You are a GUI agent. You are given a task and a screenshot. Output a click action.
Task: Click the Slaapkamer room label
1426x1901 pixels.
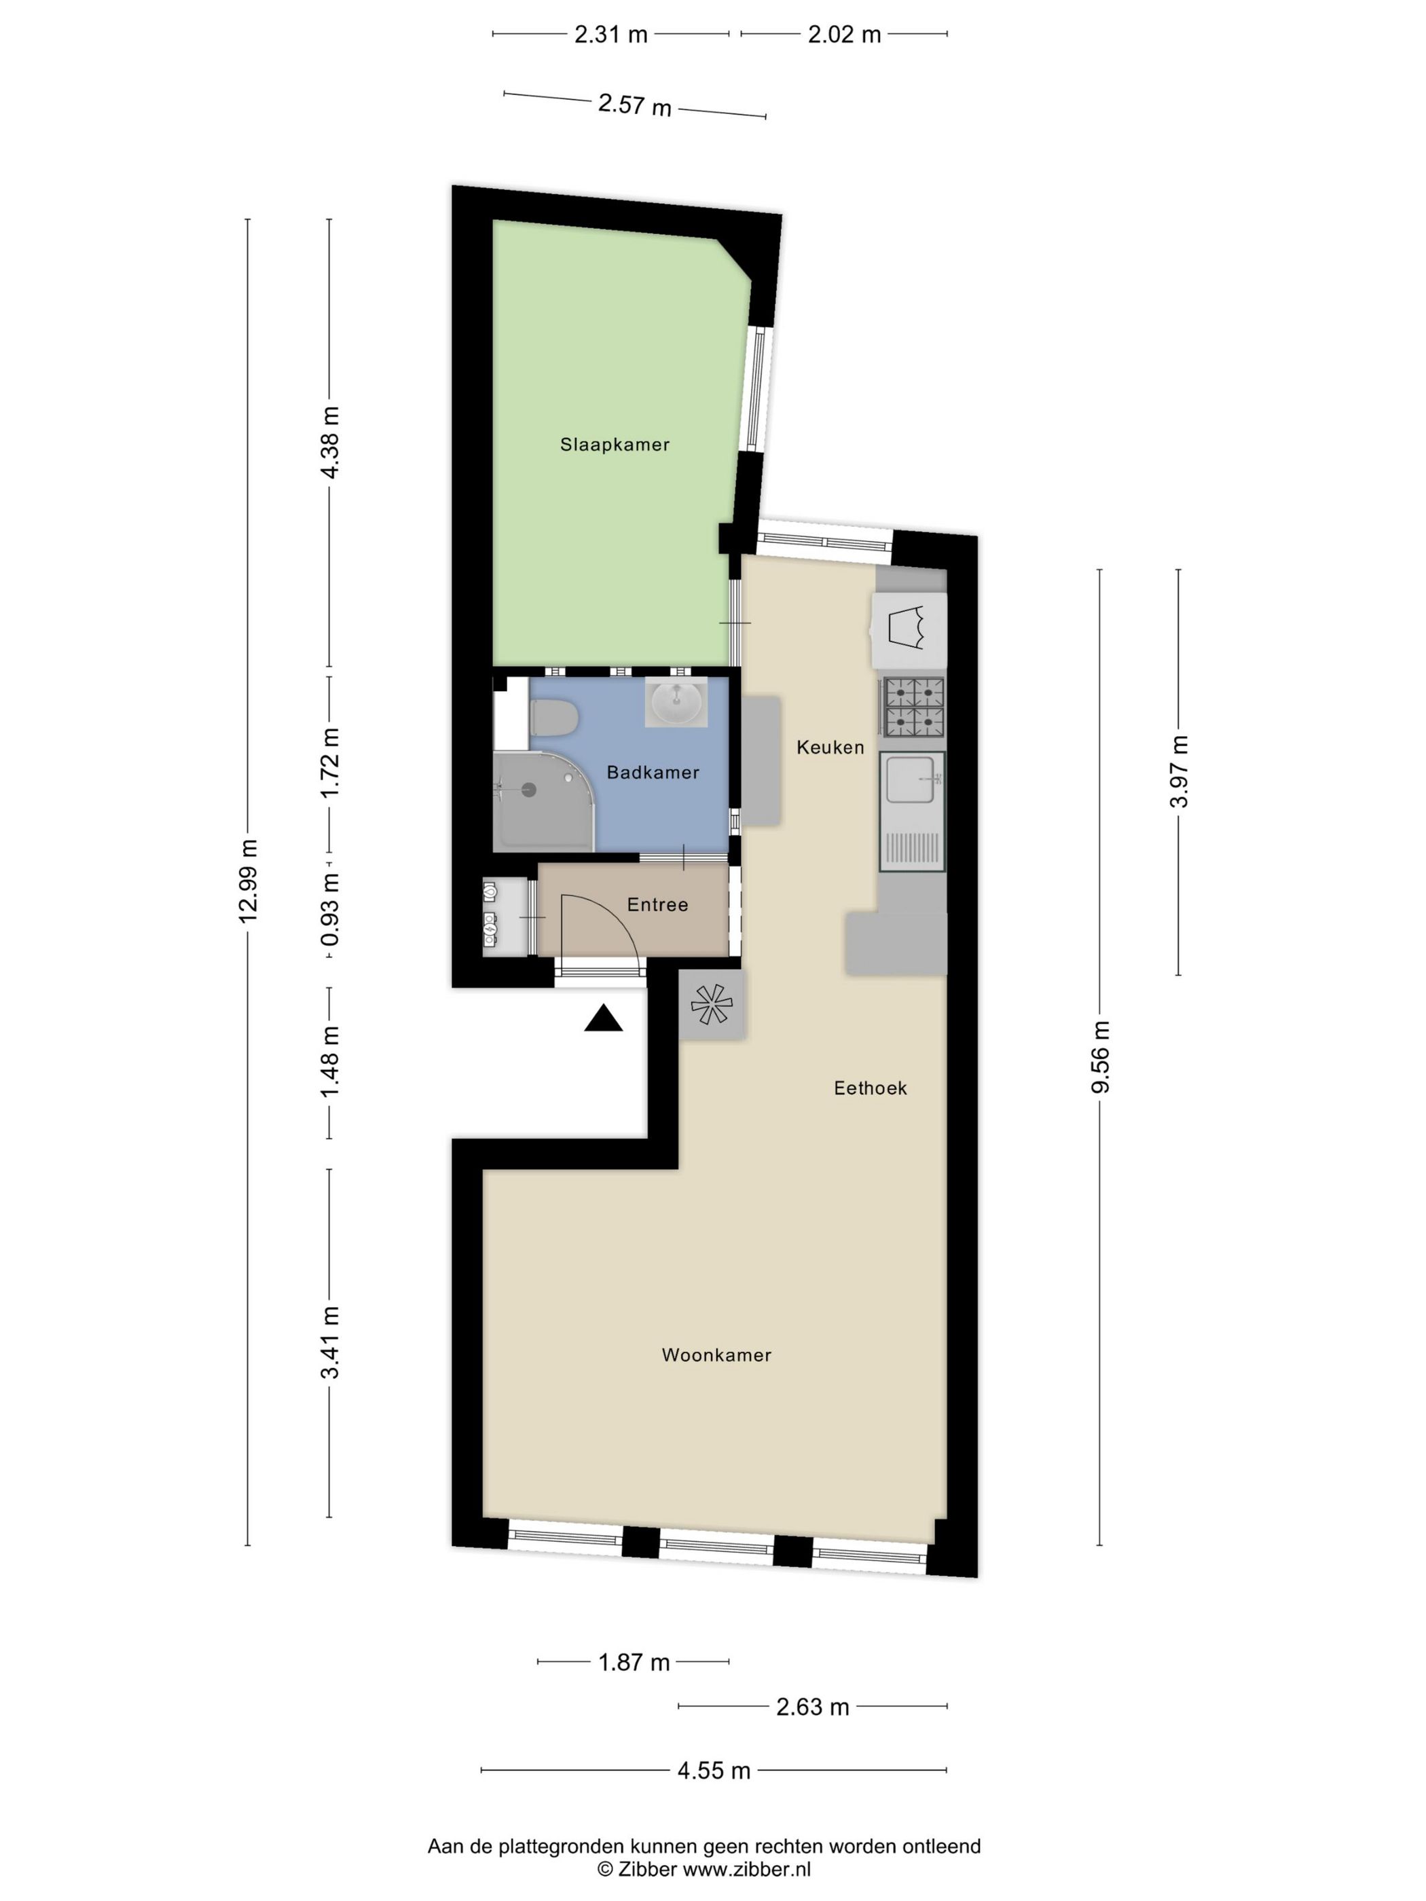point(615,444)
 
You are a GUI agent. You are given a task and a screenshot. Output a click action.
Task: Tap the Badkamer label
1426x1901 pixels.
point(653,772)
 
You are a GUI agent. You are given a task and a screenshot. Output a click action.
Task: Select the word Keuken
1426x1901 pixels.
point(830,747)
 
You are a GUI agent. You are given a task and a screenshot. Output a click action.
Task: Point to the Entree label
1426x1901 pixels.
point(657,904)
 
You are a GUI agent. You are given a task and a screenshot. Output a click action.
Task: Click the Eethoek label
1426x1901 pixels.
point(870,1088)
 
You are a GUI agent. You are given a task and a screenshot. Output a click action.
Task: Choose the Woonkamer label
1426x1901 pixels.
point(716,1355)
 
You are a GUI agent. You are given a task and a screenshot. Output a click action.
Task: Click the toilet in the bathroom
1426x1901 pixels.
point(553,718)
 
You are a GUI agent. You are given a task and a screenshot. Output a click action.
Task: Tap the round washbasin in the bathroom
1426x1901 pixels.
point(676,702)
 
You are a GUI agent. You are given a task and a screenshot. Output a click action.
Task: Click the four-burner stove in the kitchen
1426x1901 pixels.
point(913,707)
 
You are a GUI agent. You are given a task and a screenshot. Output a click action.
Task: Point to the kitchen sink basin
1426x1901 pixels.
point(911,779)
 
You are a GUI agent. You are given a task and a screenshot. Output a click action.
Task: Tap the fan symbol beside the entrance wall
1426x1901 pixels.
point(711,1003)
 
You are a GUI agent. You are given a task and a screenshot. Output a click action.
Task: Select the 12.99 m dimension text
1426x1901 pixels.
point(248,881)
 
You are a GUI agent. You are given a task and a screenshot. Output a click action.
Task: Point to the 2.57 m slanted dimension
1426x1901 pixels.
point(634,105)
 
